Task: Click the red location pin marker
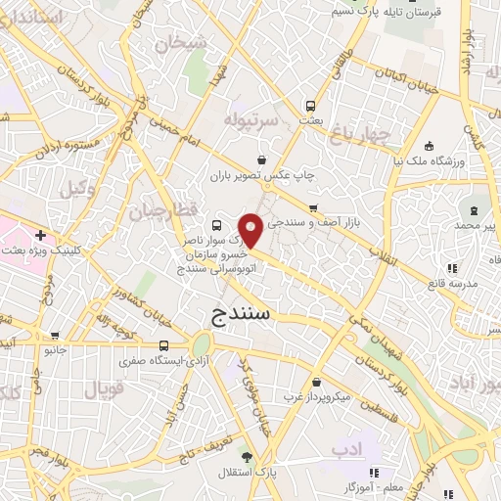pyautogui.click(x=251, y=231)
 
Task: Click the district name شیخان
pyautogui.click(x=188, y=42)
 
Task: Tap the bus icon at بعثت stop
pyautogui.click(x=310, y=105)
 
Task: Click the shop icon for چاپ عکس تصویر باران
pyautogui.click(x=261, y=159)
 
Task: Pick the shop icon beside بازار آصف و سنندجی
pyautogui.click(x=313, y=207)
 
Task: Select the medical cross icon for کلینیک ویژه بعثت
pyautogui.click(x=39, y=235)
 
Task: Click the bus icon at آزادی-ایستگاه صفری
pyautogui.click(x=162, y=345)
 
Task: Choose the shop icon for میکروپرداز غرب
pyautogui.click(x=316, y=383)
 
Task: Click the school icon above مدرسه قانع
pyautogui.click(x=450, y=268)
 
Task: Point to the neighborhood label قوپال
pyautogui.click(x=105, y=388)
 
